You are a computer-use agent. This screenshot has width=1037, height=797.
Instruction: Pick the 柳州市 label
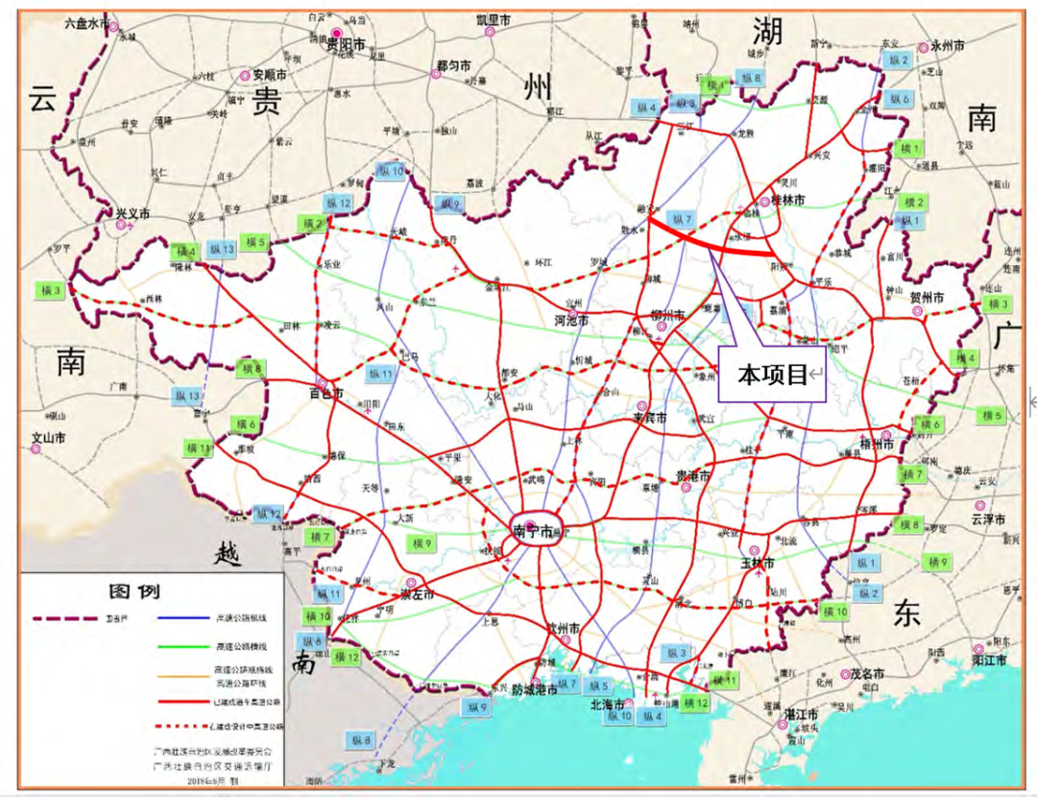coord(666,315)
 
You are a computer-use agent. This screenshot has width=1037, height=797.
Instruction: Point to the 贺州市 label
coord(928,299)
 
